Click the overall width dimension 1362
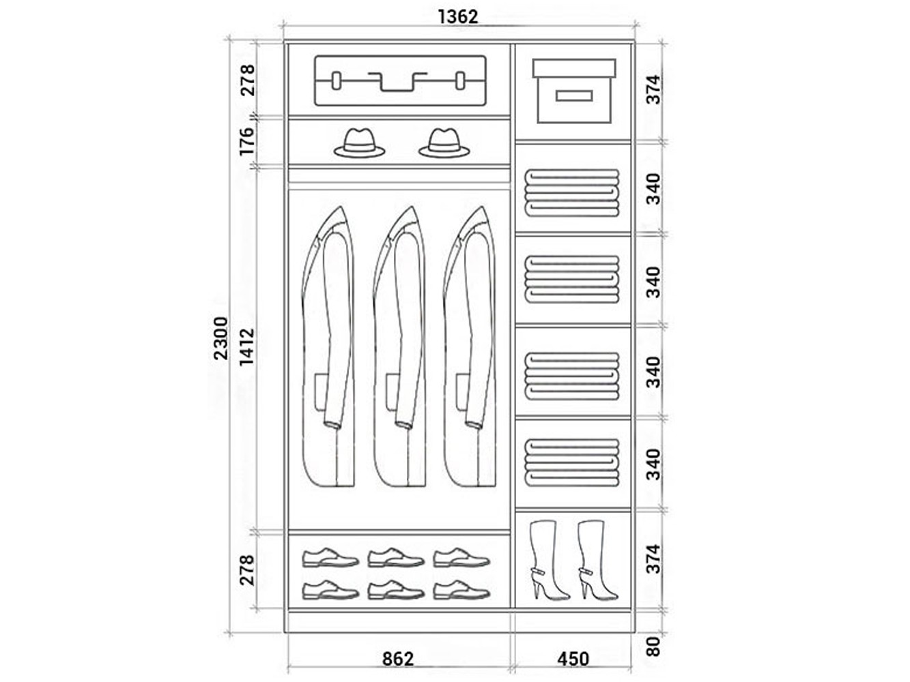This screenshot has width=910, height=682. (x=458, y=17)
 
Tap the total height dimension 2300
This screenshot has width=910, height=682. (x=221, y=338)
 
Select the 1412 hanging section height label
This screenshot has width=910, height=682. (x=247, y=346)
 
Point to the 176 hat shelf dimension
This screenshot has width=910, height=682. (x=246, y=142)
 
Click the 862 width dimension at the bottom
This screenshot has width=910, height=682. (x=398, y=659)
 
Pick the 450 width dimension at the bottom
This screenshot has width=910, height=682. (x=573, y=659)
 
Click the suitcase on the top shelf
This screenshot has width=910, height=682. (x=400, y=80)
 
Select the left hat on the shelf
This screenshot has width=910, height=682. (x=360, y=143)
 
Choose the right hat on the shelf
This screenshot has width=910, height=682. (x=444, y=143)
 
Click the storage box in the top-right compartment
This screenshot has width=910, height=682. (x=574, y=91)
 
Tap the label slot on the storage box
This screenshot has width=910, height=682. (x=574, y=95)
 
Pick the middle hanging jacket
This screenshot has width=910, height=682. (x=399, y=346)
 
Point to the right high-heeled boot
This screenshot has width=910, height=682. (x=597, y=560)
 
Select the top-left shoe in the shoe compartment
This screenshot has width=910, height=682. (x=330, y=557)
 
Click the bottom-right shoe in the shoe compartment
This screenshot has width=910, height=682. (x=462, y=590)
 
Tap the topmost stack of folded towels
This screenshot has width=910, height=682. (x=572, y=193)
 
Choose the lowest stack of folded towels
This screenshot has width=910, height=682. (x=572, y=462)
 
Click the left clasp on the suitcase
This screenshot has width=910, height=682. (x=337, y=80)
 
